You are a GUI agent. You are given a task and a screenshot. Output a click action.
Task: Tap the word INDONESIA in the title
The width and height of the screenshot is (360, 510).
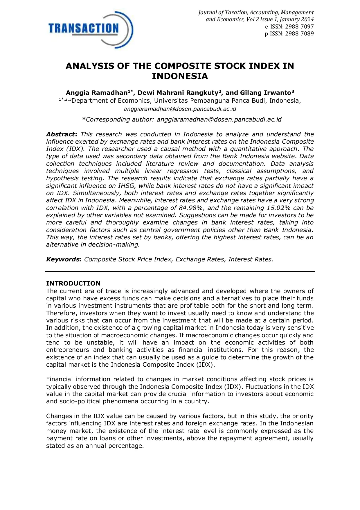click(180, 76)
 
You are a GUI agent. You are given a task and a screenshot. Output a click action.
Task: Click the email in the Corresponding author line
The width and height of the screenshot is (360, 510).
click(219, 120)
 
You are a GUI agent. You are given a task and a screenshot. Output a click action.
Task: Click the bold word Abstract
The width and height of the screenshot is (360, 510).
click(61, 134)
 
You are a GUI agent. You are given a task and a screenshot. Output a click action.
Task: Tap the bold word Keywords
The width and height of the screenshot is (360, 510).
click(63, 259)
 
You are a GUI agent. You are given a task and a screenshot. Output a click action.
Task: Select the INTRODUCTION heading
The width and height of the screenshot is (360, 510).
click(73, 283)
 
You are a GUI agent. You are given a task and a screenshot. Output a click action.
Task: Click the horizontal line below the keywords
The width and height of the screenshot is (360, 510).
click(180, 272)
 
